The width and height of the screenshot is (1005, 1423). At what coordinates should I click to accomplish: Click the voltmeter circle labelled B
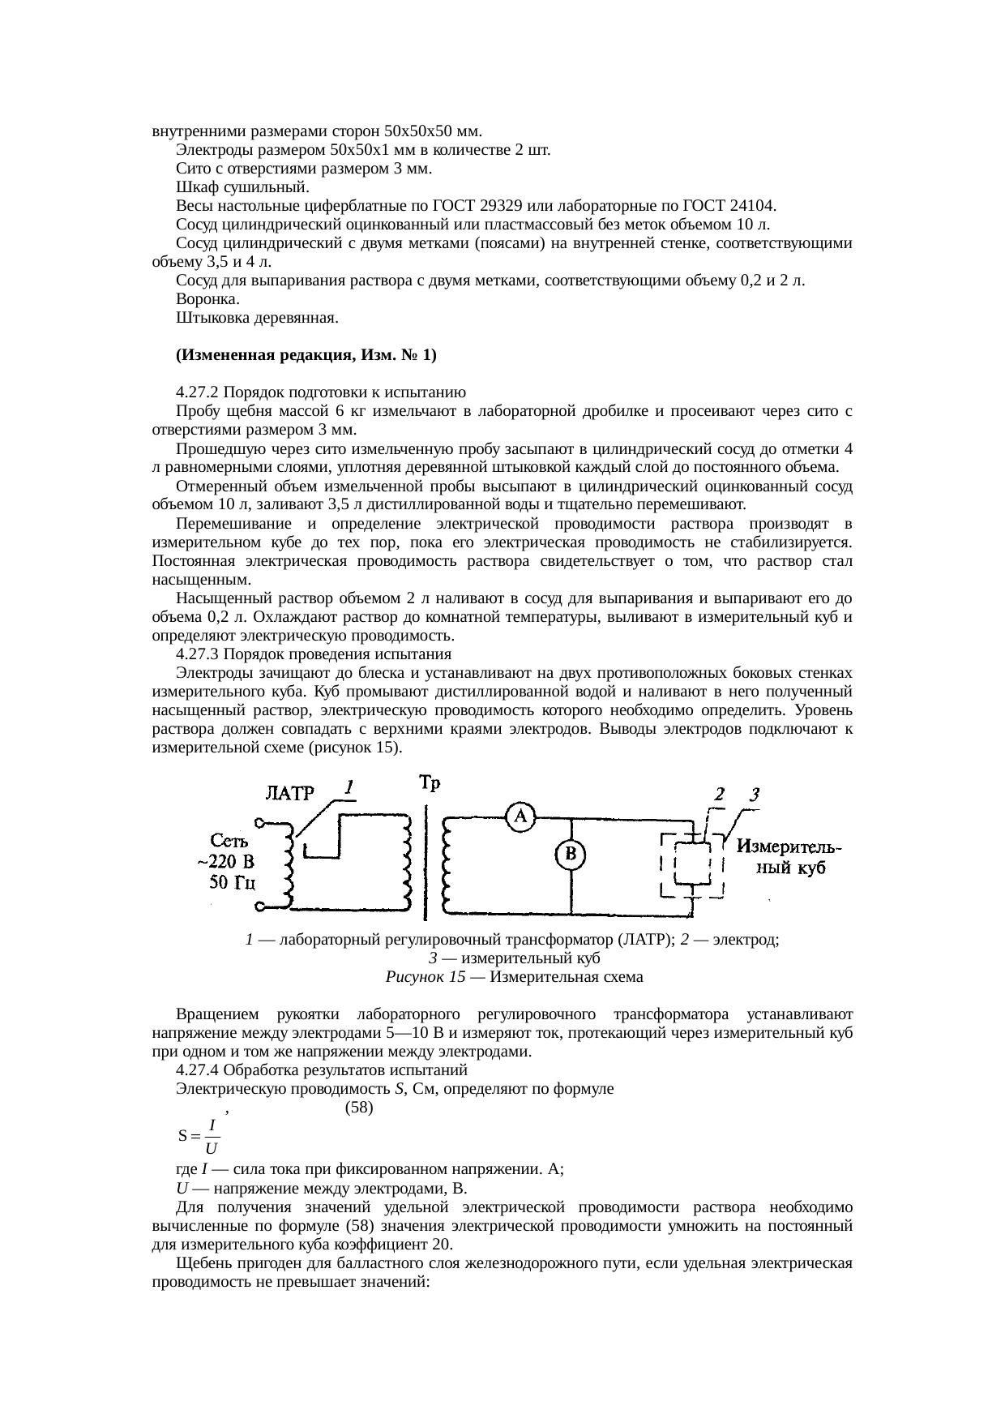[x=571, y=854]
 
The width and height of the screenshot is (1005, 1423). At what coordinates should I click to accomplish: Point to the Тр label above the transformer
[x=430, y=783]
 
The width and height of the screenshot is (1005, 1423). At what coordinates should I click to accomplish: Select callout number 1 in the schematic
[x=348, y=787]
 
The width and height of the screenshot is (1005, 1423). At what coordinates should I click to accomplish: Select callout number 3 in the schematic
[x=753, y=795]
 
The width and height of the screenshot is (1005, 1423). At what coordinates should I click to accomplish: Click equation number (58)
[x=359, y=1107]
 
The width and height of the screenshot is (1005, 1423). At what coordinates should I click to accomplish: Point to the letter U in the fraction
[x=211, y=1148]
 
